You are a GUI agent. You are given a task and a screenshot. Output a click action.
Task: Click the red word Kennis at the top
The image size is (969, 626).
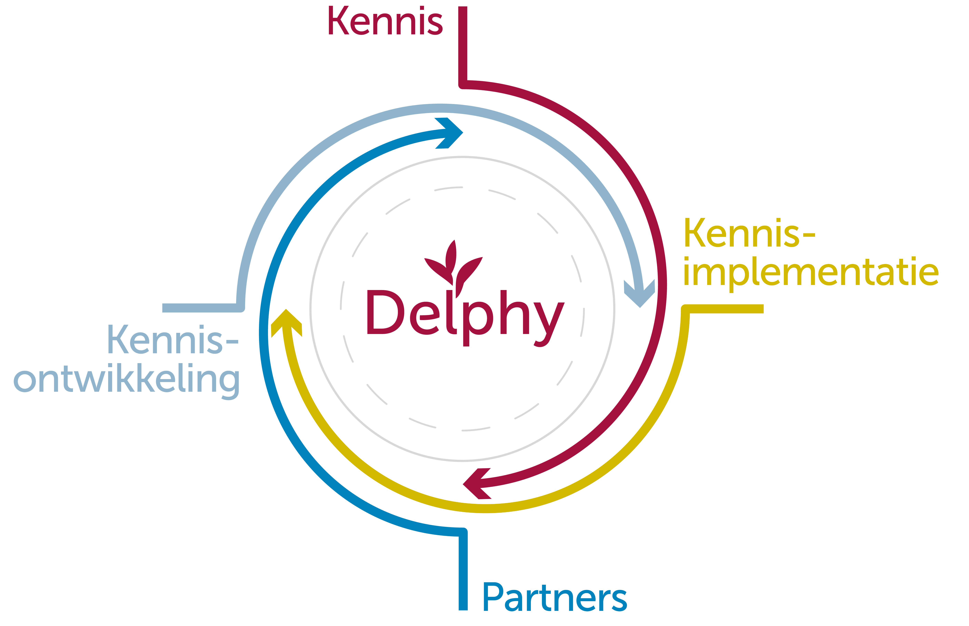tap(385, 21)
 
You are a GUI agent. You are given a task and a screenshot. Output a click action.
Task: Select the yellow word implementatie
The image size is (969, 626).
tap(810, 272)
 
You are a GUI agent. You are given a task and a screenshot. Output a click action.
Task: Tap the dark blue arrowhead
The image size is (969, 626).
tap(449, 133)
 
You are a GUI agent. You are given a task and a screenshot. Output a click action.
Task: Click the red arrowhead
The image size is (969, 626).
tap(477, 484)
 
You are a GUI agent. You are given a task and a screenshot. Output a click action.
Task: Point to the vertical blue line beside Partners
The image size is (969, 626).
tap(463, 573)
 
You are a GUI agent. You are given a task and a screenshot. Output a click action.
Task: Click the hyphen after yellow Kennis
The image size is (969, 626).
tap(809, 234)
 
